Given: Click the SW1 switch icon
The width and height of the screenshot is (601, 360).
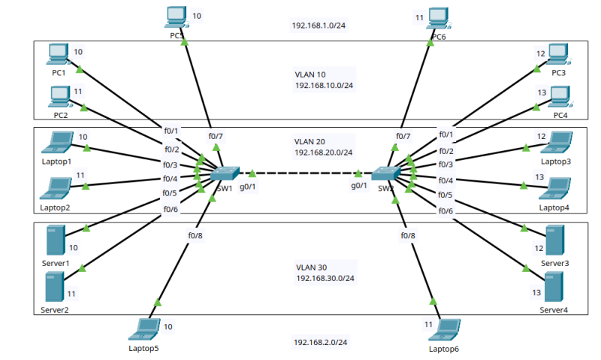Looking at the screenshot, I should click(x=225, y=174).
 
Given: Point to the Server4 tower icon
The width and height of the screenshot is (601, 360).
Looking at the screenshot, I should click(x=554, y=287).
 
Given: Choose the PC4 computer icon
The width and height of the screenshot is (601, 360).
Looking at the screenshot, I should click(x=560, y=97).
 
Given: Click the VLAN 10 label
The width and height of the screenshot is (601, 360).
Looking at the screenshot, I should click(x=311, y=74).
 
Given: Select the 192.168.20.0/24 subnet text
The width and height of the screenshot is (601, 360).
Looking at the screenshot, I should click(x=324, y=152).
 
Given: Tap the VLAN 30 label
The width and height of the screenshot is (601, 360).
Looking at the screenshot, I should click(x=311, y=267).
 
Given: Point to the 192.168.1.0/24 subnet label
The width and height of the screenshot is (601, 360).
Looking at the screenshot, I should click(x=319, y=25).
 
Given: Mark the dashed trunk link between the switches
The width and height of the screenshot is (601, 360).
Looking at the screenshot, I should click(x=305, y=174).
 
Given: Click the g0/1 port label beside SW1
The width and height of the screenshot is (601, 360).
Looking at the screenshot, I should click(x=247, y=186).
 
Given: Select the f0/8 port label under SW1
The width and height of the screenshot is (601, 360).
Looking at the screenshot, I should click(x=195, y=235).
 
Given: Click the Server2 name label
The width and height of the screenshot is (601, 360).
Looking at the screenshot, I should click(x=55, y=309).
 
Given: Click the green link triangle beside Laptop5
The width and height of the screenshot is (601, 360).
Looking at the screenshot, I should click(x=158, y=302).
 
